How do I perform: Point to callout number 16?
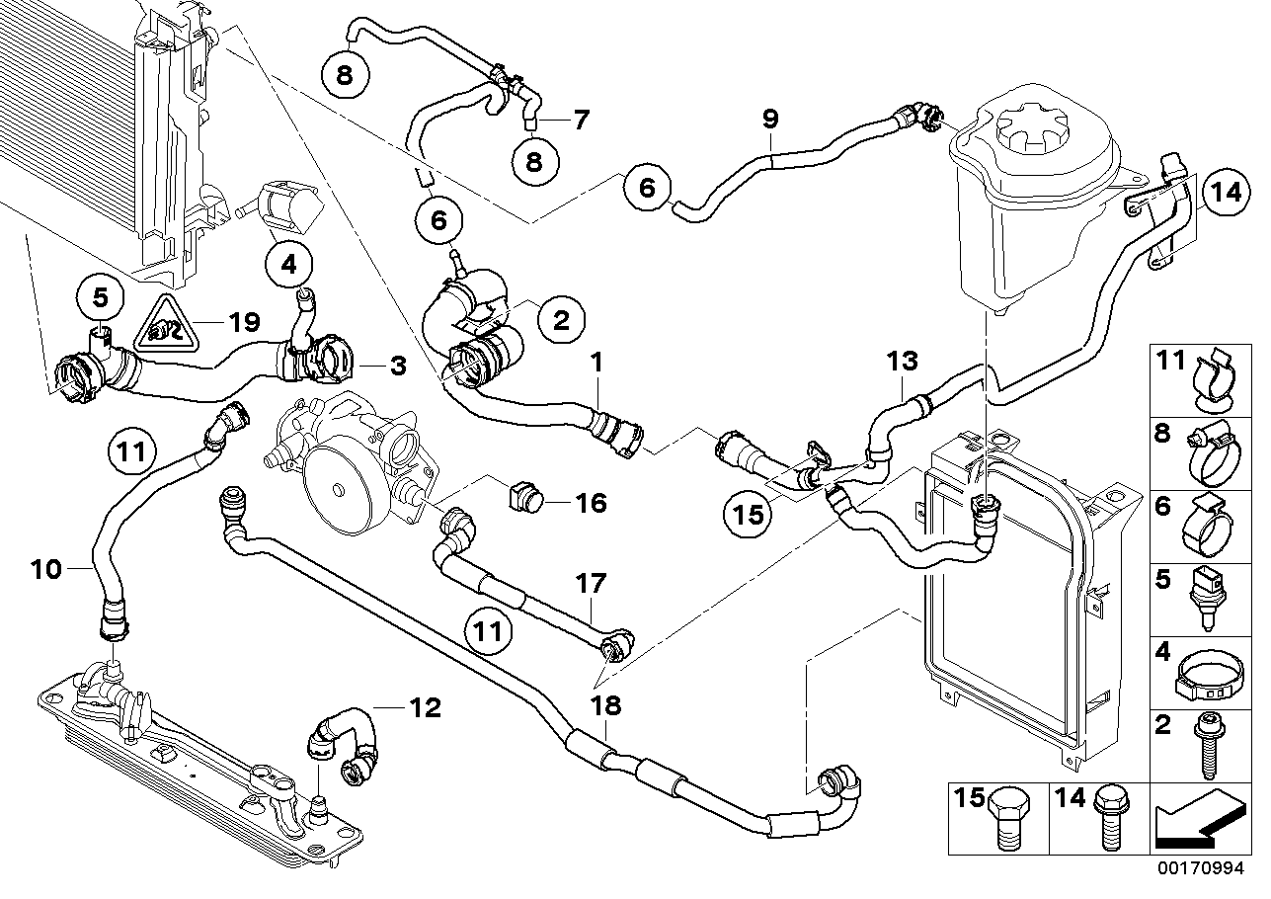[x=591, y=503]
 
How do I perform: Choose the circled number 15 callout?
[x=750, y=513]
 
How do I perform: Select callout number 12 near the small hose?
[x=426, y=707]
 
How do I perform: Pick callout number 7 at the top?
[x=580, y=121]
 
